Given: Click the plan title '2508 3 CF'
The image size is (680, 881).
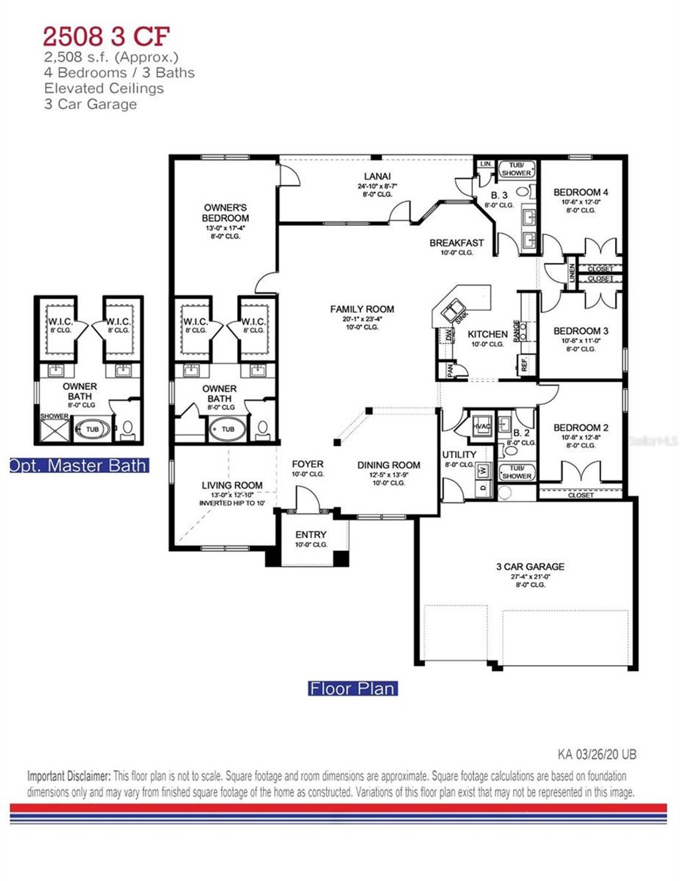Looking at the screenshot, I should point(106,35).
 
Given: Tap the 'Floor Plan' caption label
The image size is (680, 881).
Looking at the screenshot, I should point(352,688).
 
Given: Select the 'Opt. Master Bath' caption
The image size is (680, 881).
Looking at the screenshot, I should point(78,466).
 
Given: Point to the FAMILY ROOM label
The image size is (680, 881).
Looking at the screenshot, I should point(362,309).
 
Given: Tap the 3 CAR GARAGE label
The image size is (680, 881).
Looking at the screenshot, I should point(530,567).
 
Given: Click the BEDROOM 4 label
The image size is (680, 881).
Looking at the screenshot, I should point(580,193).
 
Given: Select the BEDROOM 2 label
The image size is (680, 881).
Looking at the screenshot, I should point(580,428).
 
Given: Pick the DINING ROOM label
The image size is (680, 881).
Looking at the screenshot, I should point(388,465).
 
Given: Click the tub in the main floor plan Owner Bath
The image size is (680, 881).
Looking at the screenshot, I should point(228,429).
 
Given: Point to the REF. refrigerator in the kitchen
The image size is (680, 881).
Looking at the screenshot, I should point(524,364).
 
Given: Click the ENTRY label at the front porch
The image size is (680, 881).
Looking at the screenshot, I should point(311,534).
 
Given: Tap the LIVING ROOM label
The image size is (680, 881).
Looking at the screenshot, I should point(232,486).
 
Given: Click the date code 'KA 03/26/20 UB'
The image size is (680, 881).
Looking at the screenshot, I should point(596,755).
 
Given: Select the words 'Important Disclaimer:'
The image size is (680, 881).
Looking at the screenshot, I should point(68,776).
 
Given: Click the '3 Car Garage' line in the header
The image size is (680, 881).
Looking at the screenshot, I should point(90,104).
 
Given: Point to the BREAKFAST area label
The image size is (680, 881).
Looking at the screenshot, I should point(456,243).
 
